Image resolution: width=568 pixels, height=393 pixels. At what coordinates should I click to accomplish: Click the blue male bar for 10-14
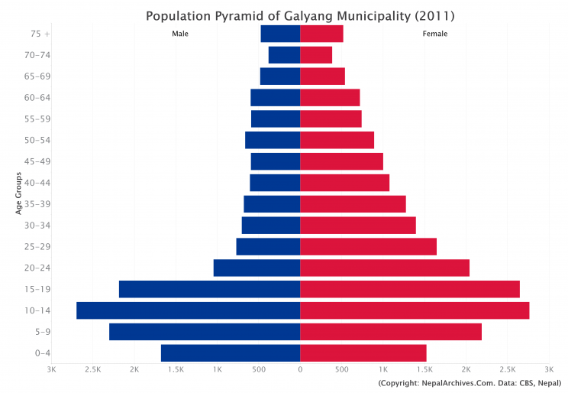click(188, 310)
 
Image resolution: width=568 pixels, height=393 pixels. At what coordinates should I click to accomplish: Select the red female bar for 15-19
click(409, 289)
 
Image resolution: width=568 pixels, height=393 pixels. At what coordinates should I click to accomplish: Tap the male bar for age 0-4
click(230, 353)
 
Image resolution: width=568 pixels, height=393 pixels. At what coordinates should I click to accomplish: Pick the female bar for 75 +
click(321, 34)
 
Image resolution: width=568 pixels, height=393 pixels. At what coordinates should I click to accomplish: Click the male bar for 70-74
click(284, 55)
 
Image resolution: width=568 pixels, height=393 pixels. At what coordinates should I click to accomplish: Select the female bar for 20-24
click(384, 268)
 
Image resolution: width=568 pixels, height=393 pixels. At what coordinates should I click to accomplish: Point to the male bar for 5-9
click(204, 332)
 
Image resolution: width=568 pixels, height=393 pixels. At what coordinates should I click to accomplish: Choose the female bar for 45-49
click(341, 161)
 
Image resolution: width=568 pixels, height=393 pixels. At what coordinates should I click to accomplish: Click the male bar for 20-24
click(257, 268)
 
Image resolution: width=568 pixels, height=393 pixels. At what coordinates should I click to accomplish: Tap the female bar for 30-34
click(357, 225)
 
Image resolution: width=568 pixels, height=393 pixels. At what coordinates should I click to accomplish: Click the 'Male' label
click(180, 34)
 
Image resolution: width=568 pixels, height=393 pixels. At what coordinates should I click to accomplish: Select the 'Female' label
click(435, 34)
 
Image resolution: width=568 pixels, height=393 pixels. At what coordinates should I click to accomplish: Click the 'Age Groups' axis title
click(18, 193)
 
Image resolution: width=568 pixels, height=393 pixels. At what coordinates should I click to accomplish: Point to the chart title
click(299, 15)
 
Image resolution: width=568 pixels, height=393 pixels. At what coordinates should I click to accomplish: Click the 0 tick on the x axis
click(300, 370)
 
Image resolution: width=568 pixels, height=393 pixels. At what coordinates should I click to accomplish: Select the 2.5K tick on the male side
click(92, 370)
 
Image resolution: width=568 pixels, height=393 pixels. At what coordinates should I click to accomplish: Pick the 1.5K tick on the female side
click(424, 370)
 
